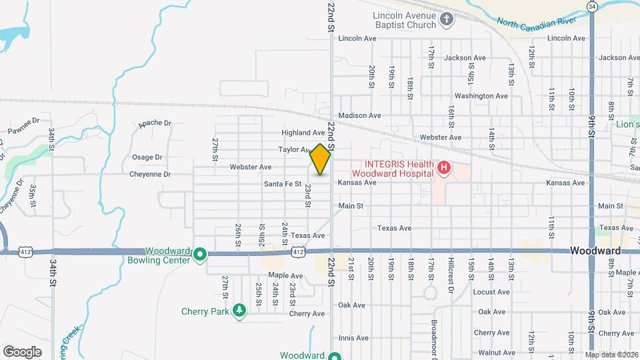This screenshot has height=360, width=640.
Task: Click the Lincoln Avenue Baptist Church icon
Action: tap(447, 19)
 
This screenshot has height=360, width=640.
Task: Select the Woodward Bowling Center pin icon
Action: tap(199, 254)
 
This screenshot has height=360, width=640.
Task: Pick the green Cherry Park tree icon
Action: tap(239, 311)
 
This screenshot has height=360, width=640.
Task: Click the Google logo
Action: tap(22, 351)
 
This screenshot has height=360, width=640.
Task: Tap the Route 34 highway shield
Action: tap(591, 6)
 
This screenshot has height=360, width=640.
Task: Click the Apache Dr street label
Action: tap(155, 123)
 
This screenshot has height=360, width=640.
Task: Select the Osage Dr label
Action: tap(147, 157)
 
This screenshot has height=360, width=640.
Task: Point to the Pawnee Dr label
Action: tap(23, 125)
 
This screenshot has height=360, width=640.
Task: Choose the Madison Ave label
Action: tap(359, 115)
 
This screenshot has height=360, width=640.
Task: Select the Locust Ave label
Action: tap(491, 292)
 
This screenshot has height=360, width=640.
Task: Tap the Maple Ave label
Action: tap(286, 275)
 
